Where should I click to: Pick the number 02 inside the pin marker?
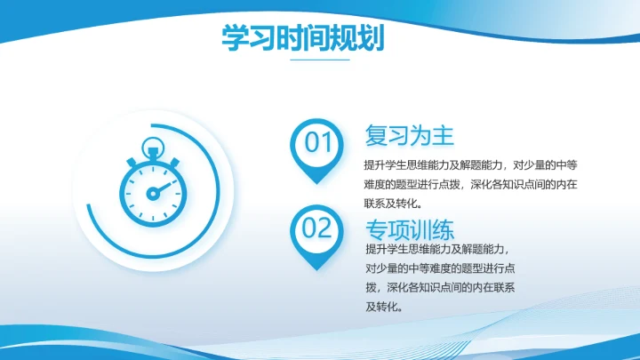(317, 229)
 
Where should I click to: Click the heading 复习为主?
(409, 136)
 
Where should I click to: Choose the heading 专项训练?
(410, 227)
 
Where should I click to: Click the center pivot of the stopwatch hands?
(152, 193)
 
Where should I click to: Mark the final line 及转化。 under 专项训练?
(384, 307)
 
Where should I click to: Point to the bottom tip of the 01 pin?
(317, 182)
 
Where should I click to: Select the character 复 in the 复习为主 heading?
(376, 136)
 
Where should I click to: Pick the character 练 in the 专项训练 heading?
(443, 227)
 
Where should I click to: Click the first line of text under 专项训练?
(438, 249)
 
